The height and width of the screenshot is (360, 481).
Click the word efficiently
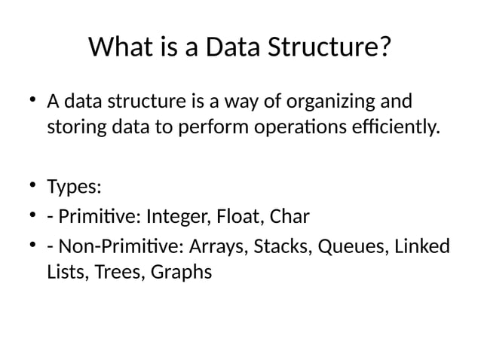click(401, 127)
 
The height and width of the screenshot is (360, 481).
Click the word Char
click(290, 218)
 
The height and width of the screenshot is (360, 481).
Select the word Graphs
click(182, 272)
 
